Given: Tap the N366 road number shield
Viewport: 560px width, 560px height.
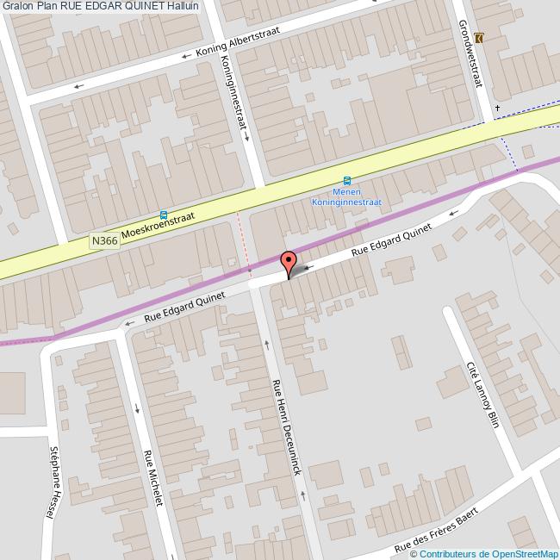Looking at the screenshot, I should [103, 244].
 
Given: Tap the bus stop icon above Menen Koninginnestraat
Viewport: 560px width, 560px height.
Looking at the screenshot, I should [346, 181].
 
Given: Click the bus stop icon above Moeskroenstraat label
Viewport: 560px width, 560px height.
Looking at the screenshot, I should [164, 215].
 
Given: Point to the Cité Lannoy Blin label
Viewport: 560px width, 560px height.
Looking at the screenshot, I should [482, 393].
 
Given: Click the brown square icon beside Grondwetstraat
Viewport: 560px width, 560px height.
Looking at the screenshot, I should [479, 38].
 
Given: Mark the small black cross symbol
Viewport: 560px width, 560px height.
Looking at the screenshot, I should [497, 108].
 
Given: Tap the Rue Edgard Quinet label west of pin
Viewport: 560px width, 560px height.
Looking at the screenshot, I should [184, 307].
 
